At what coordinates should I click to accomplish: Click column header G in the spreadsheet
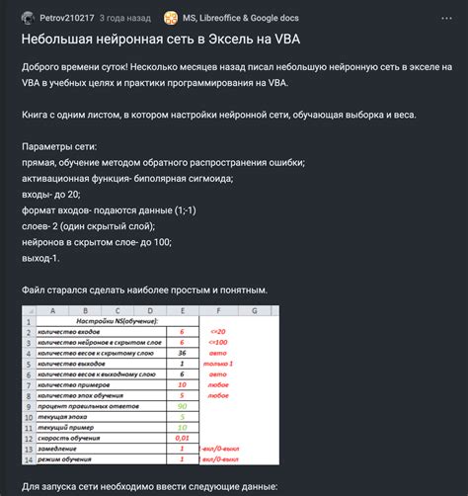(x=254, y=309)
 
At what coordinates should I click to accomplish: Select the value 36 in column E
(x=183, y=352)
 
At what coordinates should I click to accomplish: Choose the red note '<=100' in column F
(x=219, y=342)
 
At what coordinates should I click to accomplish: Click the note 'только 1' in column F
(x=219, y=364)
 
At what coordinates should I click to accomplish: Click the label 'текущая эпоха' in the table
(x=64, y=416)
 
